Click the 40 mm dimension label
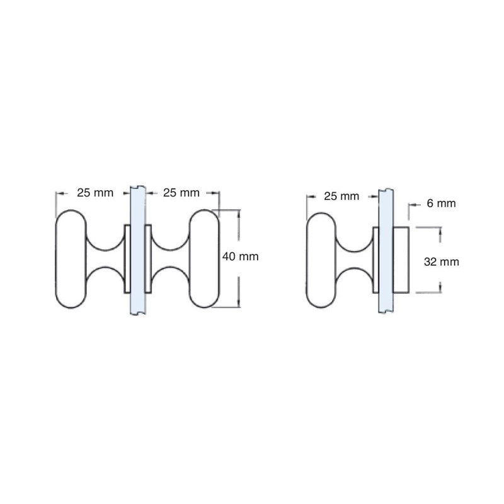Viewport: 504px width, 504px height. (241, 257)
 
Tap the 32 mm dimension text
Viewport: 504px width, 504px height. (441, 262)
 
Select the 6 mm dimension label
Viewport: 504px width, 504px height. (441, 203)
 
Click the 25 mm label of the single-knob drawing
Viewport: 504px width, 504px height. (341, 196)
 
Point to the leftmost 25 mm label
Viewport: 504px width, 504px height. (95, 192)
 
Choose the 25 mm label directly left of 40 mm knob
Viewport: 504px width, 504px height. (181, 192)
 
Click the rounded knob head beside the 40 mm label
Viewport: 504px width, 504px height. (203, 258)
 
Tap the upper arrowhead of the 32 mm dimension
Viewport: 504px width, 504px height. (440, 232)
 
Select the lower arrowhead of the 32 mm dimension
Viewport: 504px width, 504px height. (440, 288)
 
